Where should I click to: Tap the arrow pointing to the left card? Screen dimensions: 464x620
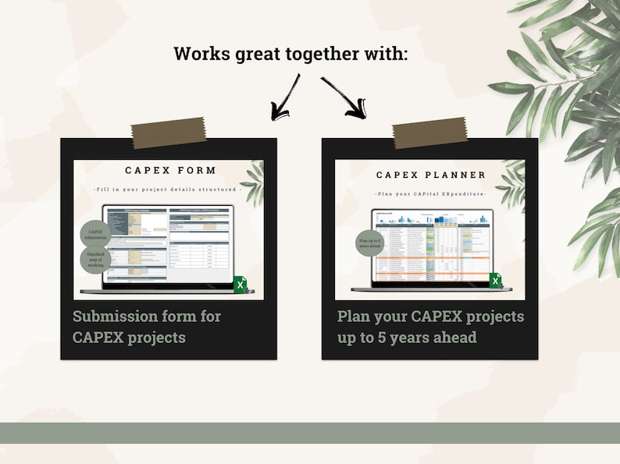tap(285, 97)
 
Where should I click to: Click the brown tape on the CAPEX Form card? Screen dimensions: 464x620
tap(169, 133)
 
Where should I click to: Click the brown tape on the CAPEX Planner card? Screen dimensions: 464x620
tap(429, 133)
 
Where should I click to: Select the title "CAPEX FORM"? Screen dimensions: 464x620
tap(170, 171)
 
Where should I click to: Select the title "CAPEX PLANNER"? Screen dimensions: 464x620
tap(431, 175)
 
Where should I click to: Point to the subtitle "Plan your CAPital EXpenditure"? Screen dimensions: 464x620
tap(430, 193)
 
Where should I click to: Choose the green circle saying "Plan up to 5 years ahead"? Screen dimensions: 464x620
tap(370, 243)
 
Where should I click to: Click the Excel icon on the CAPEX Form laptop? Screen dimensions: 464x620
tap(241, 285)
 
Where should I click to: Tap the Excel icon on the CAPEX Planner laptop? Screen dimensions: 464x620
tap(496, 281)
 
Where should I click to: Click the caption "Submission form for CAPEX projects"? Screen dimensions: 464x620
tap(147, 327)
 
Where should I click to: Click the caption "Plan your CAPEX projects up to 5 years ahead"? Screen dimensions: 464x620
tap(430, 327)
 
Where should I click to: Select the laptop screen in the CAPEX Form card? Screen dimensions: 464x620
tap(169, 244)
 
